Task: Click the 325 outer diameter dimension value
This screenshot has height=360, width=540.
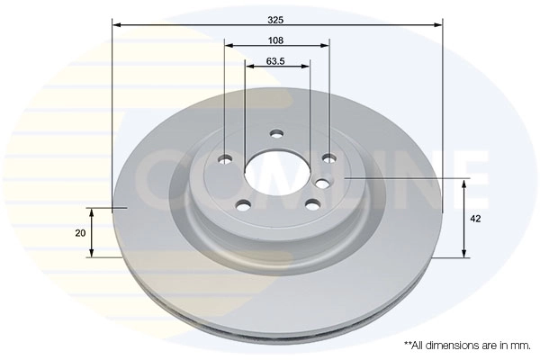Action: tap(278, 17)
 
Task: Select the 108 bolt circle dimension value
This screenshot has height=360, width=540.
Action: tap(276, 40)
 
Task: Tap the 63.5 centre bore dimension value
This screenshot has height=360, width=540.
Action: tap(276, 62)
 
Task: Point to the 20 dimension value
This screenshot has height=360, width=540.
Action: tap(81, 233)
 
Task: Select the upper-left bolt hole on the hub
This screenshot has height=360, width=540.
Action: tap(225, 160)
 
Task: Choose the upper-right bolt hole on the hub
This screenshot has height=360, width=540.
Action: tap(329, 159)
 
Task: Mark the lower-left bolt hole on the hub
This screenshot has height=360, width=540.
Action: tap(243, 204)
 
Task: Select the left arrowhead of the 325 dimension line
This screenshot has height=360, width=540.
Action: tap(116, 25)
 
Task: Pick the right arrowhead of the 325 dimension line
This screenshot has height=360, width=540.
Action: tap(440, 25)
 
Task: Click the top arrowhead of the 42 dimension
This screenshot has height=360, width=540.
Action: tap(463, 183)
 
